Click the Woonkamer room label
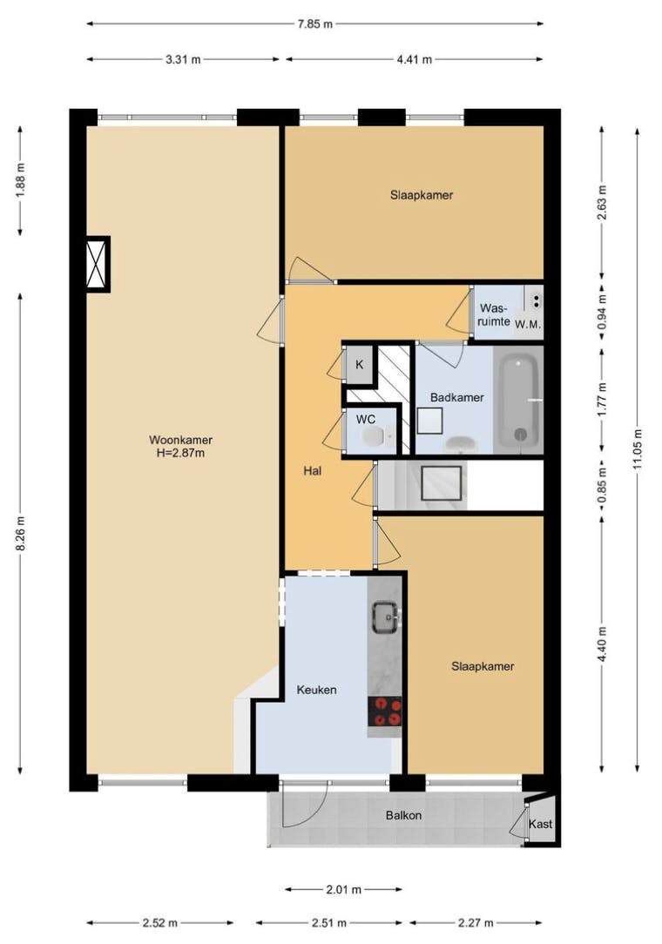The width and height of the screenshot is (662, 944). click(180, 440)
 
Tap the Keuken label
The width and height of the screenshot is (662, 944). click(316, 689)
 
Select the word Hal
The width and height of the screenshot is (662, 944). click(313, 471)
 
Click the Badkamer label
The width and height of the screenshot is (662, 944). click(456, 397)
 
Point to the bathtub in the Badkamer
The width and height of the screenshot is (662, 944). click(517, 400)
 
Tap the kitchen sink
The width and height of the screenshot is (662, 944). click(385, 618)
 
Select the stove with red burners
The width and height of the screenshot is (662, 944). click(385, 711)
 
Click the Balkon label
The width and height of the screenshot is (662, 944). click(403, 816)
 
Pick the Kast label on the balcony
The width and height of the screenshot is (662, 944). click(540, 824)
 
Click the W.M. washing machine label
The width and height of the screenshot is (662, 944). click(528, 325)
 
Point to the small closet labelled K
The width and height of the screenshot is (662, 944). click(359, 365)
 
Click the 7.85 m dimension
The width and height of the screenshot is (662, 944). click(315, 24)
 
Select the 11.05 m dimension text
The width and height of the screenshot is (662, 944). click(638, 448)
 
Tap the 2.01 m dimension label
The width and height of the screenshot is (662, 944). click(344, 889)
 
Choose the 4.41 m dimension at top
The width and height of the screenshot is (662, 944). click(415, 59)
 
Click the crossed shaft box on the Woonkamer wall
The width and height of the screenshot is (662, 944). click(96, 263)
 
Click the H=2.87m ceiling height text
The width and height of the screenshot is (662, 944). click(180, 453)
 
